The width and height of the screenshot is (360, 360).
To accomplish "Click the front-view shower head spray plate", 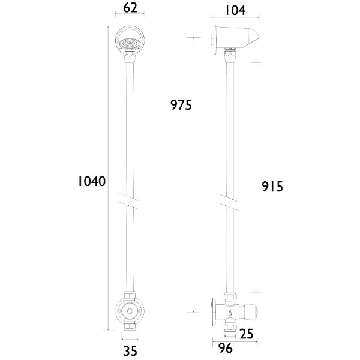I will (130, 43).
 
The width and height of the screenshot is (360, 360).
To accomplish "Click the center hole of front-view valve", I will (130, 310).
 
